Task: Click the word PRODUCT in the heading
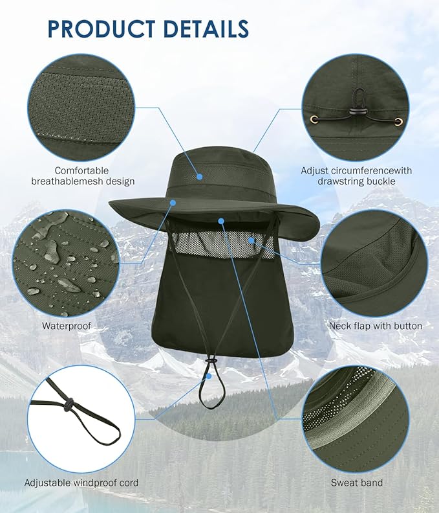[102, 28]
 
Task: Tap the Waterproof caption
[67, 326]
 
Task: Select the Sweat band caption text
[356, 483]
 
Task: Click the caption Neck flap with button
[376, 326]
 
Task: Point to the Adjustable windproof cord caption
[81, 483]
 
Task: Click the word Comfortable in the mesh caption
[81, 170]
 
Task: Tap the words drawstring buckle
[356, 181]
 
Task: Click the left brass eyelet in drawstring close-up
[314, 119]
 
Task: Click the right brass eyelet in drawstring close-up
[398, 122]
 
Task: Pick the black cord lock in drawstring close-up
[354, 112]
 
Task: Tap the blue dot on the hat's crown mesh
[200, 177]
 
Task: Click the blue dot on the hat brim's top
[173, 203]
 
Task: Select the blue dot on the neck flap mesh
[251, 240]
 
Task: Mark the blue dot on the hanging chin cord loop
[209, 376]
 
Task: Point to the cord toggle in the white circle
[69, 404]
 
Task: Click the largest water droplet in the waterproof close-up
[52, 251]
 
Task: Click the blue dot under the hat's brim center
[222, 221]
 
